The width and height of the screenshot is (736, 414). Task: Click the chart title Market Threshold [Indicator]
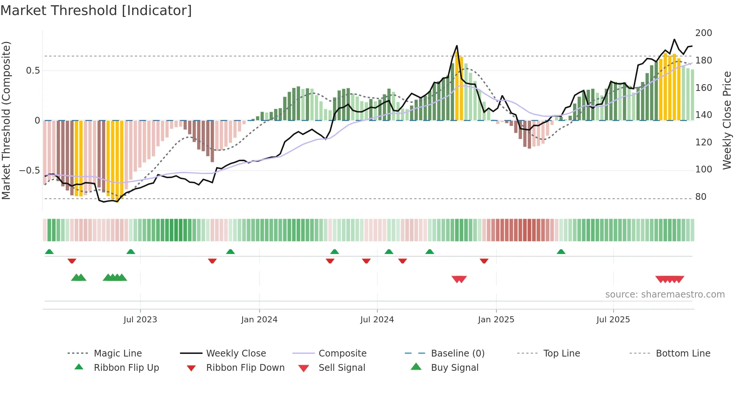coord(96,11)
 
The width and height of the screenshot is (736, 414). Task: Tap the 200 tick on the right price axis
coord(703,33)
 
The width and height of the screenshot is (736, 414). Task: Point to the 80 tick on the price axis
coord(700,197)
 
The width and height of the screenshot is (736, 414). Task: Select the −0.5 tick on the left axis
coord(29,171)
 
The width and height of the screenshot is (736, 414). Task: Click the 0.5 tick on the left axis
coord(33,71)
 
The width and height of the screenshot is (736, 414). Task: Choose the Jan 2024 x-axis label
coord(259,320)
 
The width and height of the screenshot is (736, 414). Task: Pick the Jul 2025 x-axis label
coord(613,320)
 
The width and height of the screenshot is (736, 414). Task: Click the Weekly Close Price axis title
coord(727,120)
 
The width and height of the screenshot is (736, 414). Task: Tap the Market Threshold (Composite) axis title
coord(6,120)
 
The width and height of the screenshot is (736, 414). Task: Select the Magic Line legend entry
coord(118,354)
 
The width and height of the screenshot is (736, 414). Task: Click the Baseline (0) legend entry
coord(457,354)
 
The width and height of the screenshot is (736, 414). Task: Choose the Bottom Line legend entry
coord(683,354)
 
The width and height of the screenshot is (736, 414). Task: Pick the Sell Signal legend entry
coord(341,368)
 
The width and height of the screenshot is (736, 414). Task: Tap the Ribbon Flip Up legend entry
coord(126,368)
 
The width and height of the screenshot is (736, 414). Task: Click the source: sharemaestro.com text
coord(665,295)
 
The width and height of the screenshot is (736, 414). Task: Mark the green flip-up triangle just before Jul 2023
coord(131,252)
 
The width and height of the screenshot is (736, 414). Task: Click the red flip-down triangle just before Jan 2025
coord(484,261)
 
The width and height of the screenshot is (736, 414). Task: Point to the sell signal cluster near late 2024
coord(459,279)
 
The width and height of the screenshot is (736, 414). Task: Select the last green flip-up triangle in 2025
coord(561,252)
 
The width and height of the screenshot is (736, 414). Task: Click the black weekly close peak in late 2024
coord(457,46)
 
